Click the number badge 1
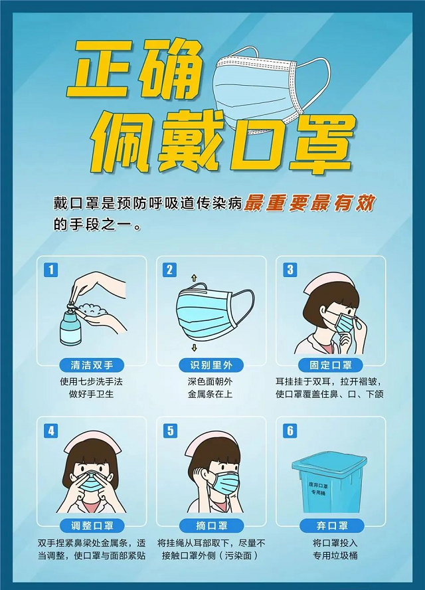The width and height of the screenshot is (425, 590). [x=51, y=270]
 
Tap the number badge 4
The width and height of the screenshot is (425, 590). [x=51, y=431]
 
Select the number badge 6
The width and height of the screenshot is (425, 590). [x=290, y=431]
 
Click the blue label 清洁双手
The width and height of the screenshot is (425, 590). [x=92, y=365]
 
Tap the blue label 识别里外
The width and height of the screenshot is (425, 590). [x=211, y=365]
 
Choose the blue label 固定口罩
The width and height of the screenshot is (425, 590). [x=331, y=365]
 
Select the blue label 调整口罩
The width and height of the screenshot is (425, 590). [x=92, y=526]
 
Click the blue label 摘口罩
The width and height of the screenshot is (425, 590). [x=211, y=526]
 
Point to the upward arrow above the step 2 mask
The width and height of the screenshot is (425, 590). [x=194, y=278]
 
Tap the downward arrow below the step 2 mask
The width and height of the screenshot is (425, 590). [x=194, y=347]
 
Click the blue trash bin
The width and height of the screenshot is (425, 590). [x=329, y=482]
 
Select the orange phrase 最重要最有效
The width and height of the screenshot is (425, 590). [x=309, y=203]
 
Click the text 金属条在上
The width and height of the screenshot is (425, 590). [x=210, y=394]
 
